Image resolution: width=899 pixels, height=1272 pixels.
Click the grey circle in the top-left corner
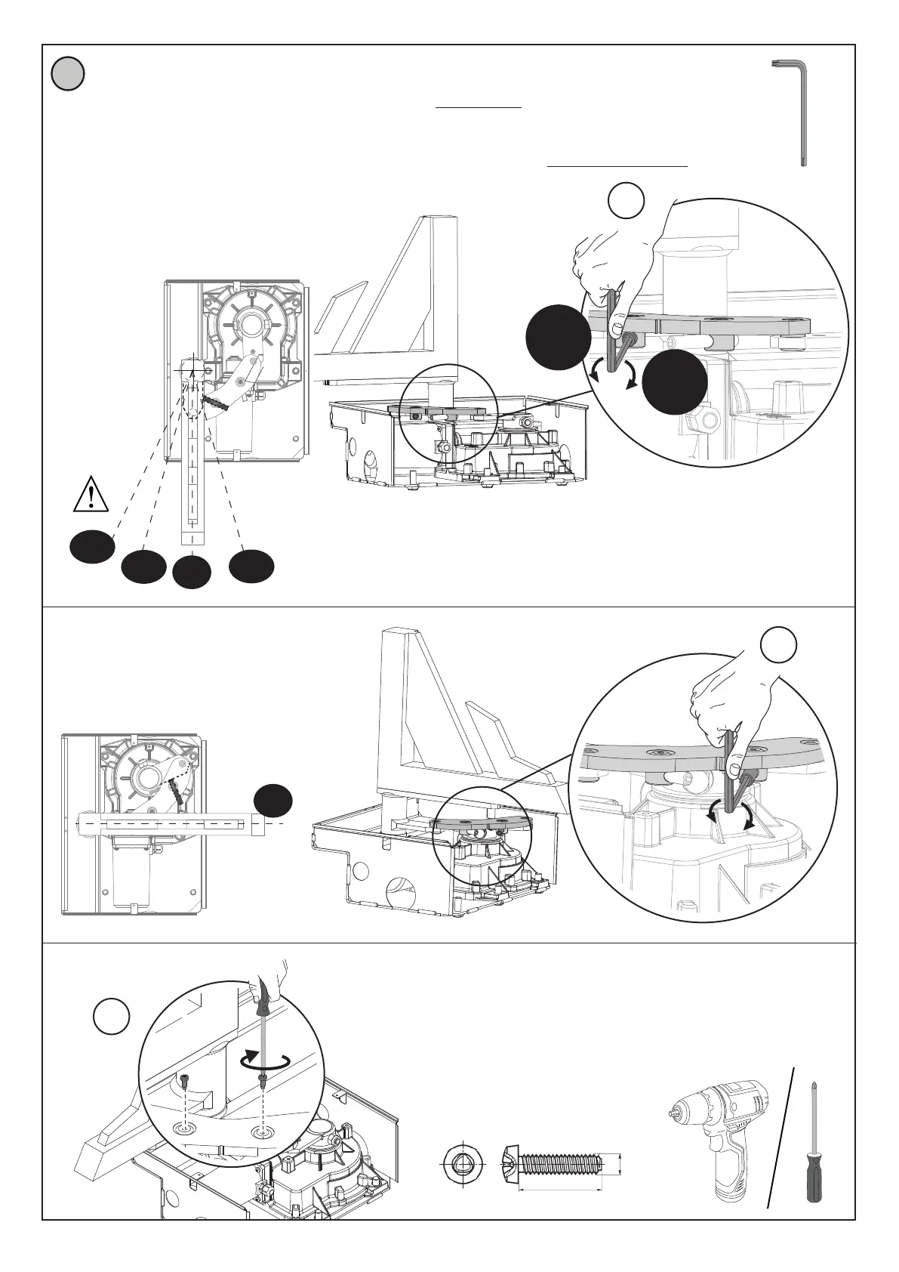coord(68,75)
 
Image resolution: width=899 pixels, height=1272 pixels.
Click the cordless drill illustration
coord(725,1141)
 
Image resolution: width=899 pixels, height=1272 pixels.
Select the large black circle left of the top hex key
coord(559,337)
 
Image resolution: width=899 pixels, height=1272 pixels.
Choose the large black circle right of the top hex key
coord(676,381)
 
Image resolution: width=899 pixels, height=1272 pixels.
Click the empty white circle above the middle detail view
coord(778,644)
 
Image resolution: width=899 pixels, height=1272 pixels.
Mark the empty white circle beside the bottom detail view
coord(112,1017)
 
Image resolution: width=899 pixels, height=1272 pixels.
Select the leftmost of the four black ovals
coord(92,546)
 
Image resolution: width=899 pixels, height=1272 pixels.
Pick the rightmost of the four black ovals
coord(251,567)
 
